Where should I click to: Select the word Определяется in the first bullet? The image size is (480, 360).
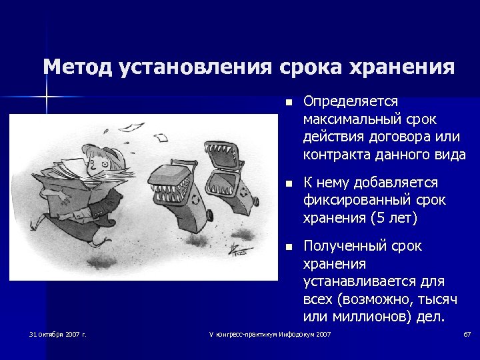click(x=351, y=101)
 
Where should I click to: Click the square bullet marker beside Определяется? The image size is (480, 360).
click(x=287, y=103)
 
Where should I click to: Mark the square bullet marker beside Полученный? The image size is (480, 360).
click(x=287, y=247)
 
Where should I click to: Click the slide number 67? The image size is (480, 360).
click(x=467, y=333)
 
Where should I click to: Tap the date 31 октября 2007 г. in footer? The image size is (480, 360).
click(x=58, y=333)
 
